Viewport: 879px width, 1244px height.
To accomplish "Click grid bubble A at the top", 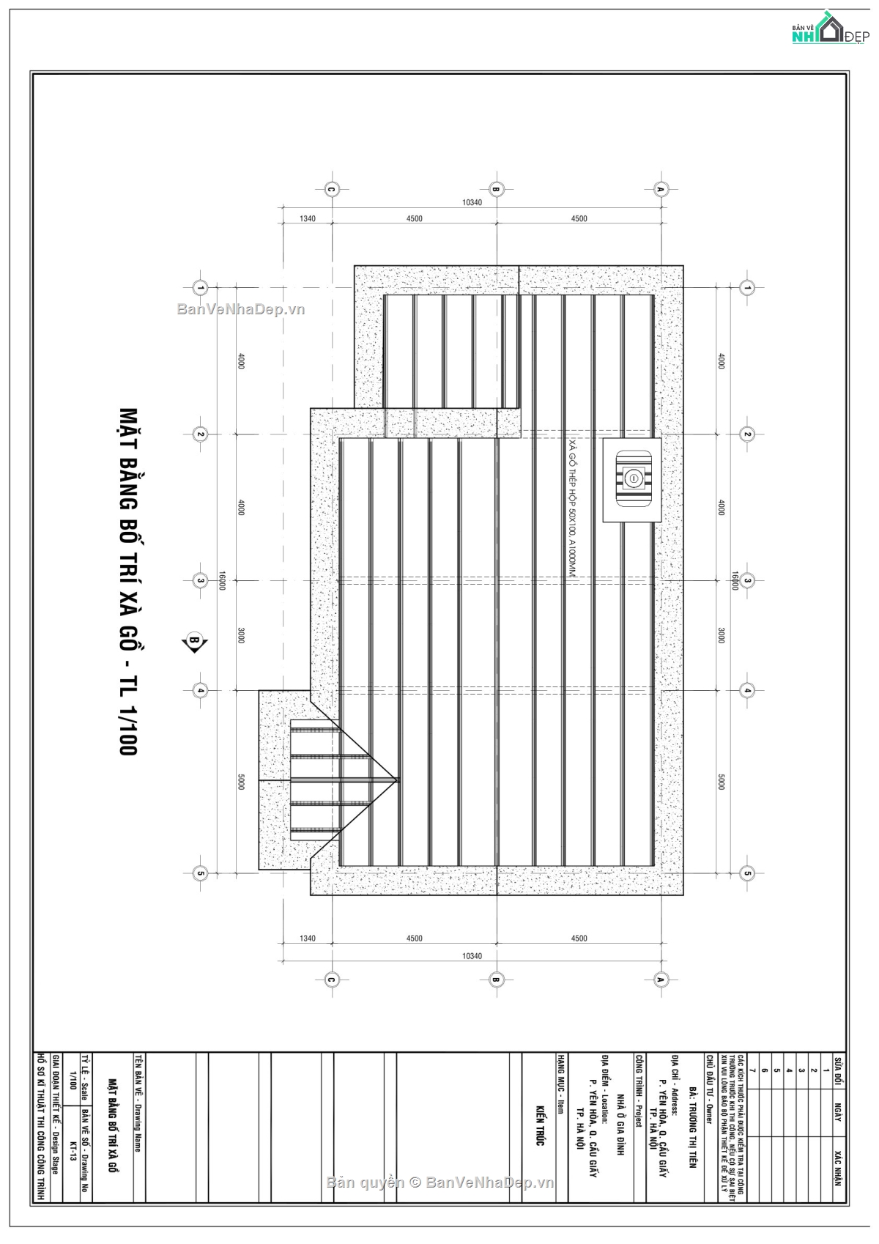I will pos(660,189).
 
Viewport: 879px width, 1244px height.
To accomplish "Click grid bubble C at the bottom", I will pos(331,980).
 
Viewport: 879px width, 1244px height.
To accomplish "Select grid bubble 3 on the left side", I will pos(200,581).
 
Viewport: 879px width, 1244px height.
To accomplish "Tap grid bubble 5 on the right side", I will pos(747,873).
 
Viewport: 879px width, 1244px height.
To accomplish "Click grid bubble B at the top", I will pos(496,189).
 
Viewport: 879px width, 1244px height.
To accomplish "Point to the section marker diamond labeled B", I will pos(195,642).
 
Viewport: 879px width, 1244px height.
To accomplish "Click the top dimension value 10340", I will pos(472,202).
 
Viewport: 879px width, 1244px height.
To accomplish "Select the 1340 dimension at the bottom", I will pos(307,938).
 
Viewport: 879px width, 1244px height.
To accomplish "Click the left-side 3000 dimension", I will pos(241,635).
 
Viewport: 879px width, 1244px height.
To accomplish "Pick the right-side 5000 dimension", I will pos(721,782).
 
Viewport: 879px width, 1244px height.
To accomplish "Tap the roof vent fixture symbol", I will pos(632,479).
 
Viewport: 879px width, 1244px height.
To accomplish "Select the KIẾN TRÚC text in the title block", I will pos(540,1125).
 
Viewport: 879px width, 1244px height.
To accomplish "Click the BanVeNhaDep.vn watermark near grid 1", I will pos(241,309).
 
